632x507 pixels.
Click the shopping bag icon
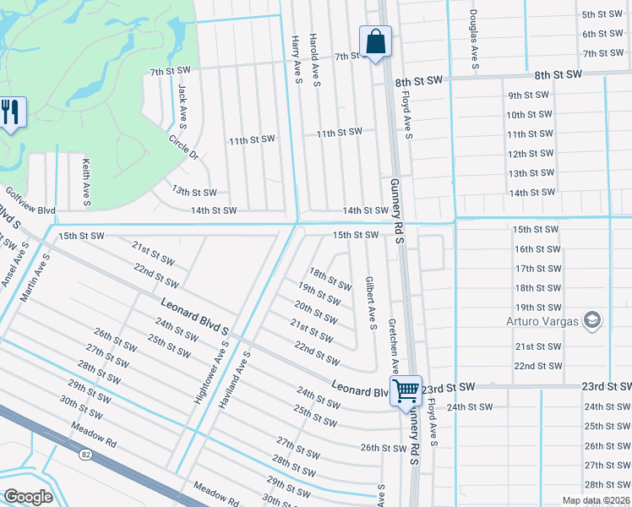click(375, 41)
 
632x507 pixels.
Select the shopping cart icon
click(406, 390)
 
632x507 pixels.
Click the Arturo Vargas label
click(542, 320)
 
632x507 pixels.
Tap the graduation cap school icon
click(592, 319)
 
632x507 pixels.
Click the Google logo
click(29, 496)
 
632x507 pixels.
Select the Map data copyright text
click(597, 500)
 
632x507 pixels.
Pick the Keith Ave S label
click(86, 182)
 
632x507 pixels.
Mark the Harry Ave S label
click(296, 60)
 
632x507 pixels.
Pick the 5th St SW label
click(602, 15)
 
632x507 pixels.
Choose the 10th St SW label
click(529, 115)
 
